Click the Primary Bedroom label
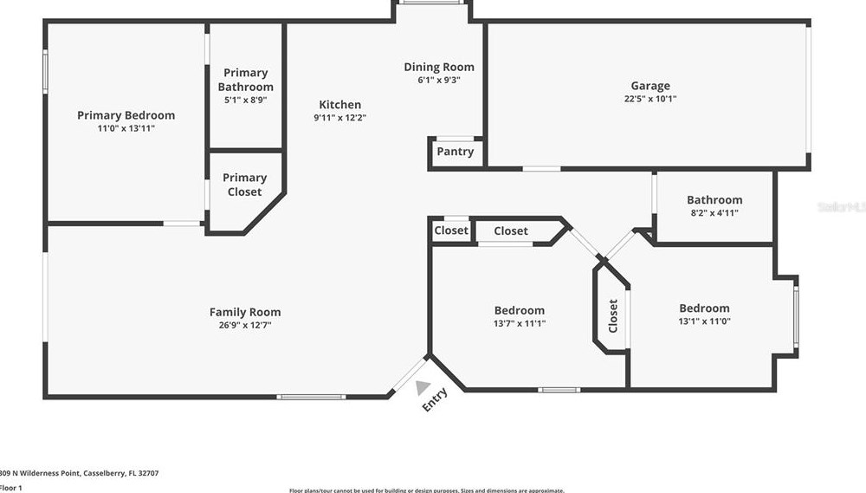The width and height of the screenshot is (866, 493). (126, 115)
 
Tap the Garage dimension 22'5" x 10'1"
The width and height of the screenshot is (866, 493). (650, 99)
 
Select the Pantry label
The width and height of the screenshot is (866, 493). (455, 152)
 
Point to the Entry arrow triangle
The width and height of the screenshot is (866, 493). (422, 387)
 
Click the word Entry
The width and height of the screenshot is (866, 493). (435, 399)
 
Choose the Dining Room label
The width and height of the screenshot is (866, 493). (439, 67)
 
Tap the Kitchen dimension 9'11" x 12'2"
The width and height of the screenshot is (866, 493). (339, 118)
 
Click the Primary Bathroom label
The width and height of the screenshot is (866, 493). (245, 80)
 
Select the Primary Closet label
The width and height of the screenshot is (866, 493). (244, 185)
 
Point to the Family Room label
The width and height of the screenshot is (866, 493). (245, 312)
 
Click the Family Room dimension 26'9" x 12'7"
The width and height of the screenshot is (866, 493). (245, 326)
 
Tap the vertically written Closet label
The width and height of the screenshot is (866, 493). (613, 316)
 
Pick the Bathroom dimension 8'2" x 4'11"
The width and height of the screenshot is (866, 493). (714, 213)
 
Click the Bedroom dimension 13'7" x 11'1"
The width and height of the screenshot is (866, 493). (520, 324)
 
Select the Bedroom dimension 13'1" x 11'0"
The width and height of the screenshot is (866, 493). (704, 321)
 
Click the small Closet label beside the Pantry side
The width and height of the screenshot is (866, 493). (451, 230)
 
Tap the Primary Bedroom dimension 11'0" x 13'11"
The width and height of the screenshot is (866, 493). (126, 128)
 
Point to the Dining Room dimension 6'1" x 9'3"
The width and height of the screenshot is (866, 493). (439, 80)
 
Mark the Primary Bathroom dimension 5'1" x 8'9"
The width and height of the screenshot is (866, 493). (245, 101)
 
